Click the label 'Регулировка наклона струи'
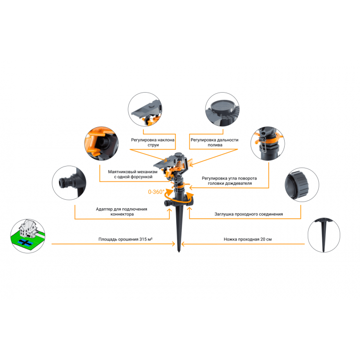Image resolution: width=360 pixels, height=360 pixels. tap(153, 143)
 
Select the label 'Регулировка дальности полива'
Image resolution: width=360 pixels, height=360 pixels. tap(215, 143)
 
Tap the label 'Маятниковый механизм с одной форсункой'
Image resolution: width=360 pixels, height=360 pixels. tap(132, 174)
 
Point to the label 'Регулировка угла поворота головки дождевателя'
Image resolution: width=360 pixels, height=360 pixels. tap(229, 180)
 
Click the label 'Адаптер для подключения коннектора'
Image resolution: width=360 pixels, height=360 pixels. tap(121, 212)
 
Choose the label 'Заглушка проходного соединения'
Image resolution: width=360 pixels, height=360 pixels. tap(249, 214)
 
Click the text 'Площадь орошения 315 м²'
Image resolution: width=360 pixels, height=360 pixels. tap(126, 239)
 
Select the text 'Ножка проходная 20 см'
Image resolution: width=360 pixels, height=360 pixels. tap(248, 239)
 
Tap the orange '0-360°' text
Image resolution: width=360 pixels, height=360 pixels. tap(156, 192)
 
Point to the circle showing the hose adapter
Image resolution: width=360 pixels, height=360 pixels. tap(69, 183)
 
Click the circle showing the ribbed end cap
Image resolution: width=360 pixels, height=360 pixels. tap(302, 185)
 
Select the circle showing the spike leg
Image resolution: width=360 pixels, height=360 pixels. tap(324, 235)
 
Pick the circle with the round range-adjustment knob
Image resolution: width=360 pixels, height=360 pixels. tap(222, 109)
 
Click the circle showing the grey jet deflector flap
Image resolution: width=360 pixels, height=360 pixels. tap(145, 109)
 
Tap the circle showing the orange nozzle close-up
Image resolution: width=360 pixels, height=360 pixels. tap(101, 144)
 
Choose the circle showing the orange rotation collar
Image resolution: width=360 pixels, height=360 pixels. tap(268, 144)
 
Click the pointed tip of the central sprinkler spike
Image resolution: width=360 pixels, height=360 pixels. tap(179, 252)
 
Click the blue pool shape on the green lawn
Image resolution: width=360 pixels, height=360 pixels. tap(24, 242)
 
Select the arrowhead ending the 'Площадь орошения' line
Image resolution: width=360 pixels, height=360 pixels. tap(174, 244)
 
